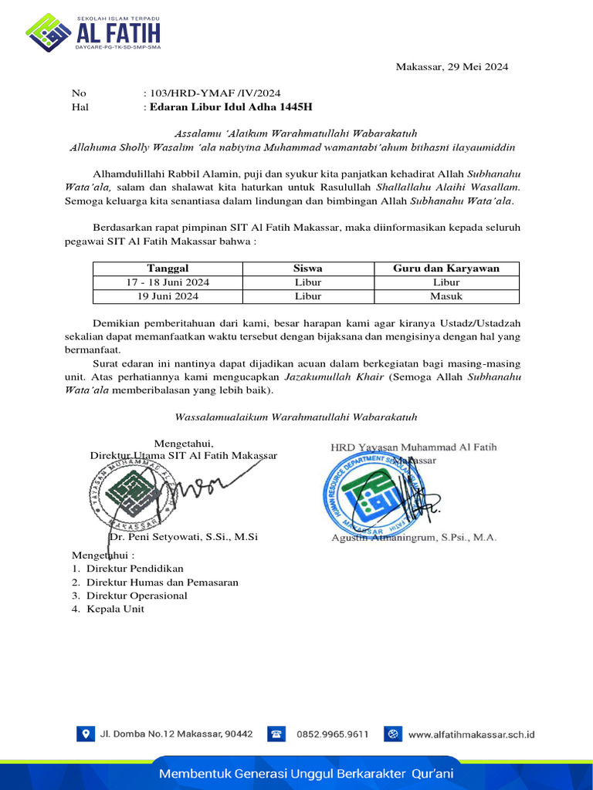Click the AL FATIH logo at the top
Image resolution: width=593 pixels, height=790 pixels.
coord(93,32)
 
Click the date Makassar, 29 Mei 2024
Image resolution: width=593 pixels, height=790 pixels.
coord(452,67)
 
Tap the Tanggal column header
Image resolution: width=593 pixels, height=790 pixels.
coord(168,268)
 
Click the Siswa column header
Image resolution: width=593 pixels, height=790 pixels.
coord(308,268)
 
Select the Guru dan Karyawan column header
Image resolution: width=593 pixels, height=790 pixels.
coord(446,268)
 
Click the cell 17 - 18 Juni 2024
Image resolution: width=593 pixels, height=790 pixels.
coord(168,282)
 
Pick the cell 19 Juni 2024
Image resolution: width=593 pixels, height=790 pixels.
coord(168,296)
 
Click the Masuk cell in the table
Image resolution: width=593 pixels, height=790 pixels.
coord(446,296)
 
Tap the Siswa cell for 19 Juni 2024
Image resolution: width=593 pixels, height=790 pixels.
coord(308,296)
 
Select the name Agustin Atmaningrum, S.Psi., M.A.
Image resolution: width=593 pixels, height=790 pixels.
coord(413,537)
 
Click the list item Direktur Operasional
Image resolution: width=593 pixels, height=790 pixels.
coord(137,596)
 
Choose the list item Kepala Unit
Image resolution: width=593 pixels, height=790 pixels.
coord(115,609)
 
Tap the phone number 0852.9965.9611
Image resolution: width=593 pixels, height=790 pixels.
coord(332,734)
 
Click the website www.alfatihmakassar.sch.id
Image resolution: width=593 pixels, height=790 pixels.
coord(471,734)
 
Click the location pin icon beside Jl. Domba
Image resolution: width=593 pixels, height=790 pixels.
coord(84,734)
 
